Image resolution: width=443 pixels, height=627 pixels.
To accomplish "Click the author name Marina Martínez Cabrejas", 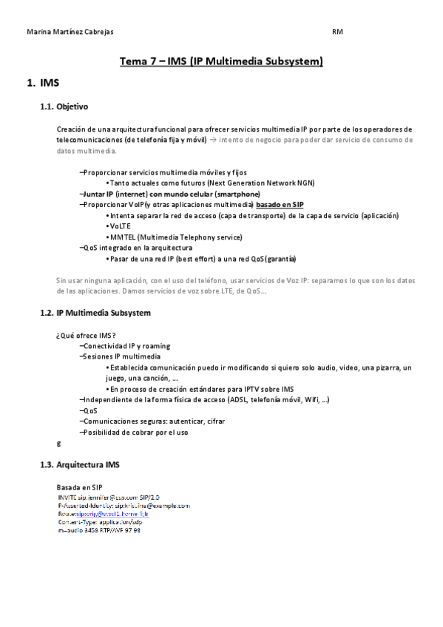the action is point(70,33).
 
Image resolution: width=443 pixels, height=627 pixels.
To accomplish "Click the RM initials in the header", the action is point(337,33).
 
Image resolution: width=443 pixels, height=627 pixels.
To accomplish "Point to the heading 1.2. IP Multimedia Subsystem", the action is point(95,313).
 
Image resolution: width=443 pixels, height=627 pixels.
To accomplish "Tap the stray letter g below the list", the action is point(59,443).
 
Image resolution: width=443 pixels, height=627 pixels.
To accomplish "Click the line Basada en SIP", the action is point(79,488).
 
